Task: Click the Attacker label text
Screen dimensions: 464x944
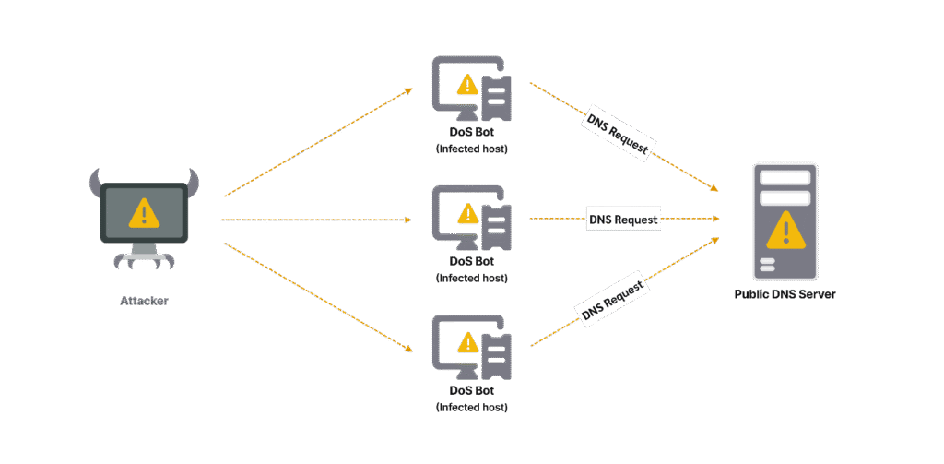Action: (x=144, y=301)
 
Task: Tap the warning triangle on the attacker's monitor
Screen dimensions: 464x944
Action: (x=144, y=214)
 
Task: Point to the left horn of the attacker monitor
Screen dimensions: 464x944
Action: (x=94, y=183)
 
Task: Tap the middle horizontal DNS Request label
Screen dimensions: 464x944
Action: (x=623, y=220)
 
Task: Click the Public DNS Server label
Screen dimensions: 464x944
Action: (x=785, y=294)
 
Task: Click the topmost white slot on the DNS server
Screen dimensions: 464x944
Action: (x=785, y=177)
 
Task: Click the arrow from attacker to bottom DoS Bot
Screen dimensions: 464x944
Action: (x=318, y=297)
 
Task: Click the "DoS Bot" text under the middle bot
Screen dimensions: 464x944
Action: (x=471, y=262)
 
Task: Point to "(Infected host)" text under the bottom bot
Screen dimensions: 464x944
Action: (x=471, y=407)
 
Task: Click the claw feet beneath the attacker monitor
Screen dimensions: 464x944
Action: (x=144, y=262)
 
